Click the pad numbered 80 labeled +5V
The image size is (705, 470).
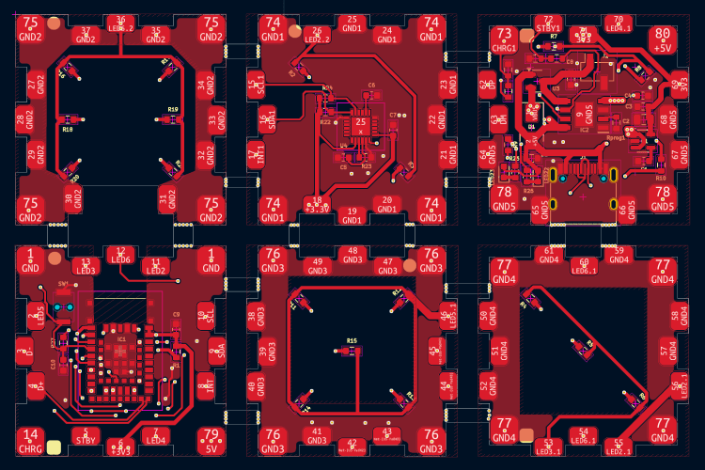[663, 38]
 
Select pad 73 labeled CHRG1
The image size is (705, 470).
[505, 39]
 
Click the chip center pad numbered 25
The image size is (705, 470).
[360, 122]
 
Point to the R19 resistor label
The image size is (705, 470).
[173, 110]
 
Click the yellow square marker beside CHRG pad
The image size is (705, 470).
[54, 448]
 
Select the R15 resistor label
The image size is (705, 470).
[352, 339]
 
